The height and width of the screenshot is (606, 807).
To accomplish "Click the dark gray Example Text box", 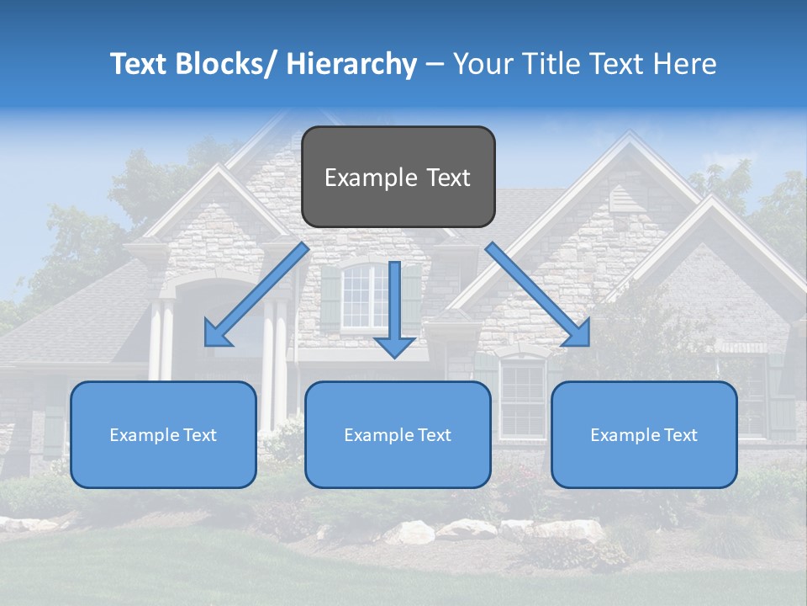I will (398, 177).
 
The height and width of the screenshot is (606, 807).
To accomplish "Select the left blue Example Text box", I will (163, 434).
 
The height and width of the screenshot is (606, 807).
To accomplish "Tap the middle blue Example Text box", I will (398, 434).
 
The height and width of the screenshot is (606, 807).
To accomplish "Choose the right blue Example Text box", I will (644, 434).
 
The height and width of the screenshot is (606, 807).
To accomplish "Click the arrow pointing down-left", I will (256, 295).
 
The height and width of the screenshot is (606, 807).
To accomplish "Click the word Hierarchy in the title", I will (351, 64).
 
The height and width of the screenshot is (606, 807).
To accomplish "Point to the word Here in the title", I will (687, 64).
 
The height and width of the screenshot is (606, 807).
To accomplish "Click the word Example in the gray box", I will (359, 178).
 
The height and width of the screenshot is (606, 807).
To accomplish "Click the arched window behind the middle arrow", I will (363, 295).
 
